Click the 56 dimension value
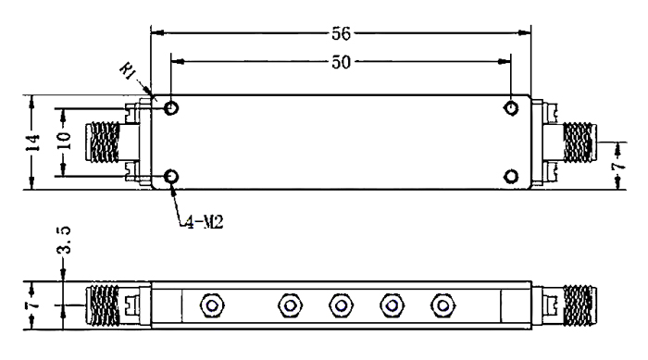(x=341, y=33)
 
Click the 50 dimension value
(x=341, y=62)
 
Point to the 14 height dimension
(x=33, y=143)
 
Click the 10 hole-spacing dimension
(x=64, y=141)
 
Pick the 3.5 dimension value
(x=64, y=240)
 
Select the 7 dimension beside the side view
(x=33, y=305)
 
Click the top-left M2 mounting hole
(x=171, y=108)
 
